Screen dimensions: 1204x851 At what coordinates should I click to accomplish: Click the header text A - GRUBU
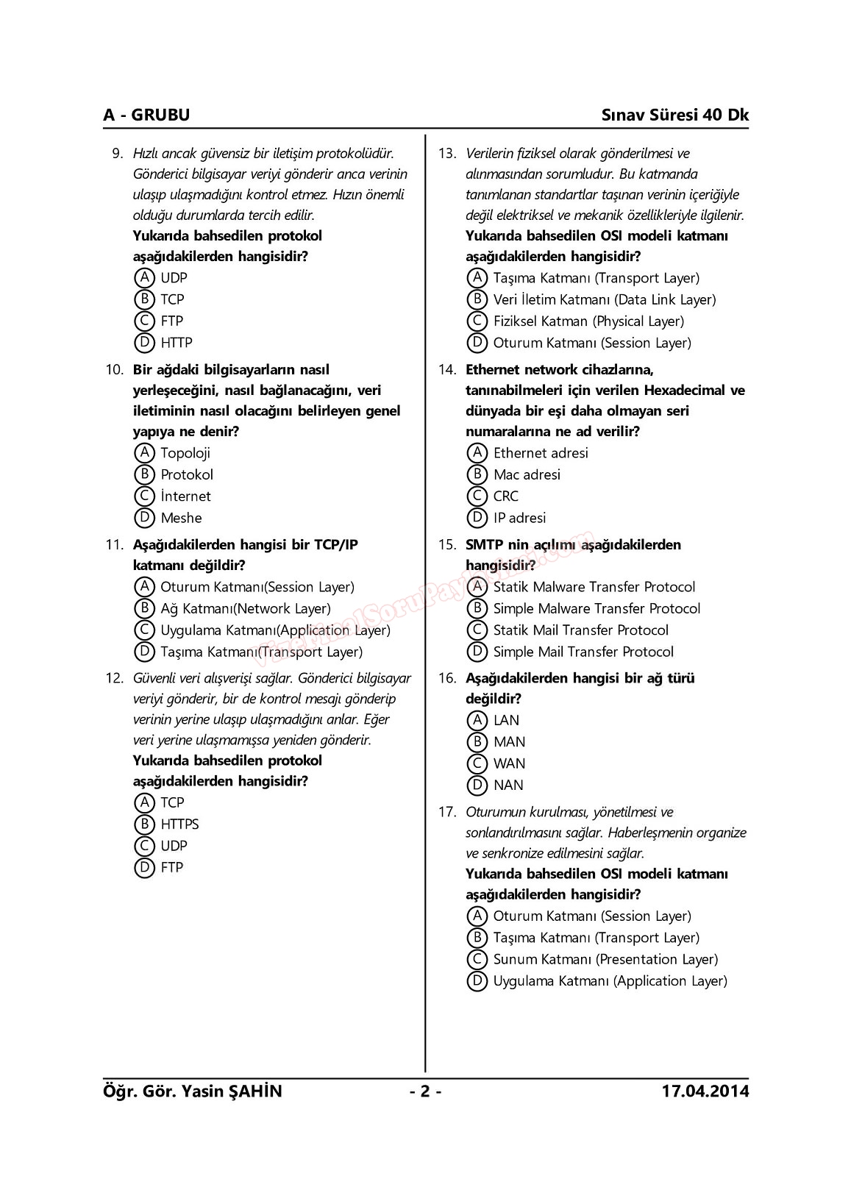point(146,115)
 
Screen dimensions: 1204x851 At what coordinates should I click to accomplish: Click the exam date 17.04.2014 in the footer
point(705,1091)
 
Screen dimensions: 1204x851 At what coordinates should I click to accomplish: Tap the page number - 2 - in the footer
point(425,1091)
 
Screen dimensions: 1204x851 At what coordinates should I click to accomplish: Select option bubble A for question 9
point(145,278)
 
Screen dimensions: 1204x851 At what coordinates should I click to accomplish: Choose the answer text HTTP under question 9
point(177,343)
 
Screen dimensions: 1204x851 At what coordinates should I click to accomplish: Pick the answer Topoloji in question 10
point(185,453)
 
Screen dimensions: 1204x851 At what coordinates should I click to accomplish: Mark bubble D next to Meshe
point(145,518)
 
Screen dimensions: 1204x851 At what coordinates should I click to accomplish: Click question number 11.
point(114,545)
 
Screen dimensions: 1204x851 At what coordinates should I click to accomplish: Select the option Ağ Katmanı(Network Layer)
point(246,608)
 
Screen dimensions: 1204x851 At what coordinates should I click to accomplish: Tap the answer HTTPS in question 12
point(179,824)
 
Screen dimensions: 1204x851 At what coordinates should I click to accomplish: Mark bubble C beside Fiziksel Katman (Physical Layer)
point(477,321)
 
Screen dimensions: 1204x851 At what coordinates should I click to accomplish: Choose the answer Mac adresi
point(527,475)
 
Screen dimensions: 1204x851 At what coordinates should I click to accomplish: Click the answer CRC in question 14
point(506,496)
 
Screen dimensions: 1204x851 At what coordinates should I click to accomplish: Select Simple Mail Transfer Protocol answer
point(583,652)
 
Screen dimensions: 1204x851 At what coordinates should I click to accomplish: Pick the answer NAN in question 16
point(508,786)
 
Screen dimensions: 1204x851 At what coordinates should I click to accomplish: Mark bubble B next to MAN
point(477,742)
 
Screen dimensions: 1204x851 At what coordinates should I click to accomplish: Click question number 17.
point(447,813)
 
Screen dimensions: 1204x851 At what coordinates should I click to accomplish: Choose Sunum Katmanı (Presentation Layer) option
point(605,960)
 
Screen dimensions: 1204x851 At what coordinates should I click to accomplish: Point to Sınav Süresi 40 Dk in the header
point(674,115)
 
